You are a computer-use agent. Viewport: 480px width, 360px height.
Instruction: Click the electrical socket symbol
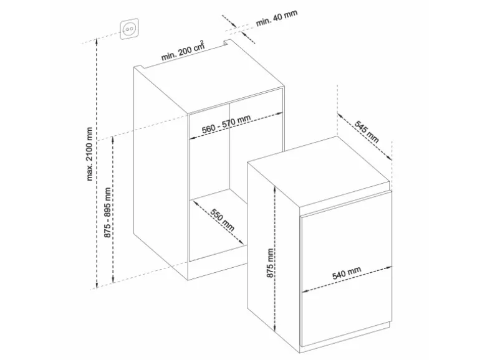pyautogui.click(x=129, y=29)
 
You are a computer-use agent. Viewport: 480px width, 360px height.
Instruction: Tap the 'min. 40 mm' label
pyautogui.click(x=276, y=18)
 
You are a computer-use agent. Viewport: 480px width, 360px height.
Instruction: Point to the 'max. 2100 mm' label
pyautogui.click(x=89, y=154)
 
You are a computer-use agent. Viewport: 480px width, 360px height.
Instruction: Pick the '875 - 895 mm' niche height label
pyautogui.click(x=107, y=212)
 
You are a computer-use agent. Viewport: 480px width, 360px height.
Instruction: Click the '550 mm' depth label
pyautogui.click(x=223, y=220)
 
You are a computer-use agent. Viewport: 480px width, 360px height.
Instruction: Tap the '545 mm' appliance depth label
pyautogui.click(x=367, y=132)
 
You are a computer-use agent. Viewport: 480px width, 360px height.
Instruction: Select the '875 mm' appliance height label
pyautogui.click(x=270, y=263)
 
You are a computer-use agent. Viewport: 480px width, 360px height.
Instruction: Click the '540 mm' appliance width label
pyautogui.click(x=347, y=273)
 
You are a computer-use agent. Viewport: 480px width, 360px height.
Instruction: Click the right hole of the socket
pyautogui.click(x=132, y=29)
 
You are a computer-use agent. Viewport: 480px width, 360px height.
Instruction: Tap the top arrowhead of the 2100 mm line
pyautogui.click(x=97, y=39)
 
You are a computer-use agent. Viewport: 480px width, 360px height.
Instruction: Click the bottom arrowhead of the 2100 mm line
pyautogui.click(x=97, y=286)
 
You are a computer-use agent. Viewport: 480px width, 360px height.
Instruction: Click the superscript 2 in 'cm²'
pyautogui.click(x=201, y=42)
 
